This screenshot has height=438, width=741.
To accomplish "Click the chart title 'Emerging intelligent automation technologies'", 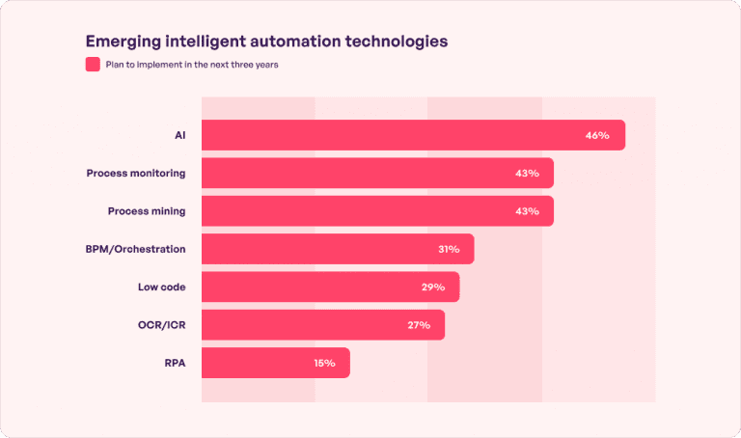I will (x=266, y=41).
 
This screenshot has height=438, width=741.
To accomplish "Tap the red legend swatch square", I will (x=93, y=65).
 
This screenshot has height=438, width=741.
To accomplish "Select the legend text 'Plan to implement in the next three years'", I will (x=193, y=65).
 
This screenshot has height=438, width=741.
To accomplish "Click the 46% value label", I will (x=597, y=135).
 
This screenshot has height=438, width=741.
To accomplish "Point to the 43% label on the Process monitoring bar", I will (x=527, y=173).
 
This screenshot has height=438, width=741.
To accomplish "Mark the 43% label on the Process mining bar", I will (x=527, y=211).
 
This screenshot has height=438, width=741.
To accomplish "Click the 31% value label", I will (x=449, y=249).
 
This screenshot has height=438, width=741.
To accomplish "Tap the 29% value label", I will (x=433, y=287).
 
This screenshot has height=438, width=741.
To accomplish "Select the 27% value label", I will (x=419, y=325).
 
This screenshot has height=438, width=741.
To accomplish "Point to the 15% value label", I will (x=324, y=363).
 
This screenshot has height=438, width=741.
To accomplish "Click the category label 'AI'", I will (x=179, y=135).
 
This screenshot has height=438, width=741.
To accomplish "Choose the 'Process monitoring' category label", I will (x=136, y=173).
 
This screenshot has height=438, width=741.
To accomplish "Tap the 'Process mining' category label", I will (x=147, y=211).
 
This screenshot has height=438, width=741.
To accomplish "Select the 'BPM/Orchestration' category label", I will (x=136, y=249).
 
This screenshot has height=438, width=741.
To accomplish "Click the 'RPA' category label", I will (x=175, y=363).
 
